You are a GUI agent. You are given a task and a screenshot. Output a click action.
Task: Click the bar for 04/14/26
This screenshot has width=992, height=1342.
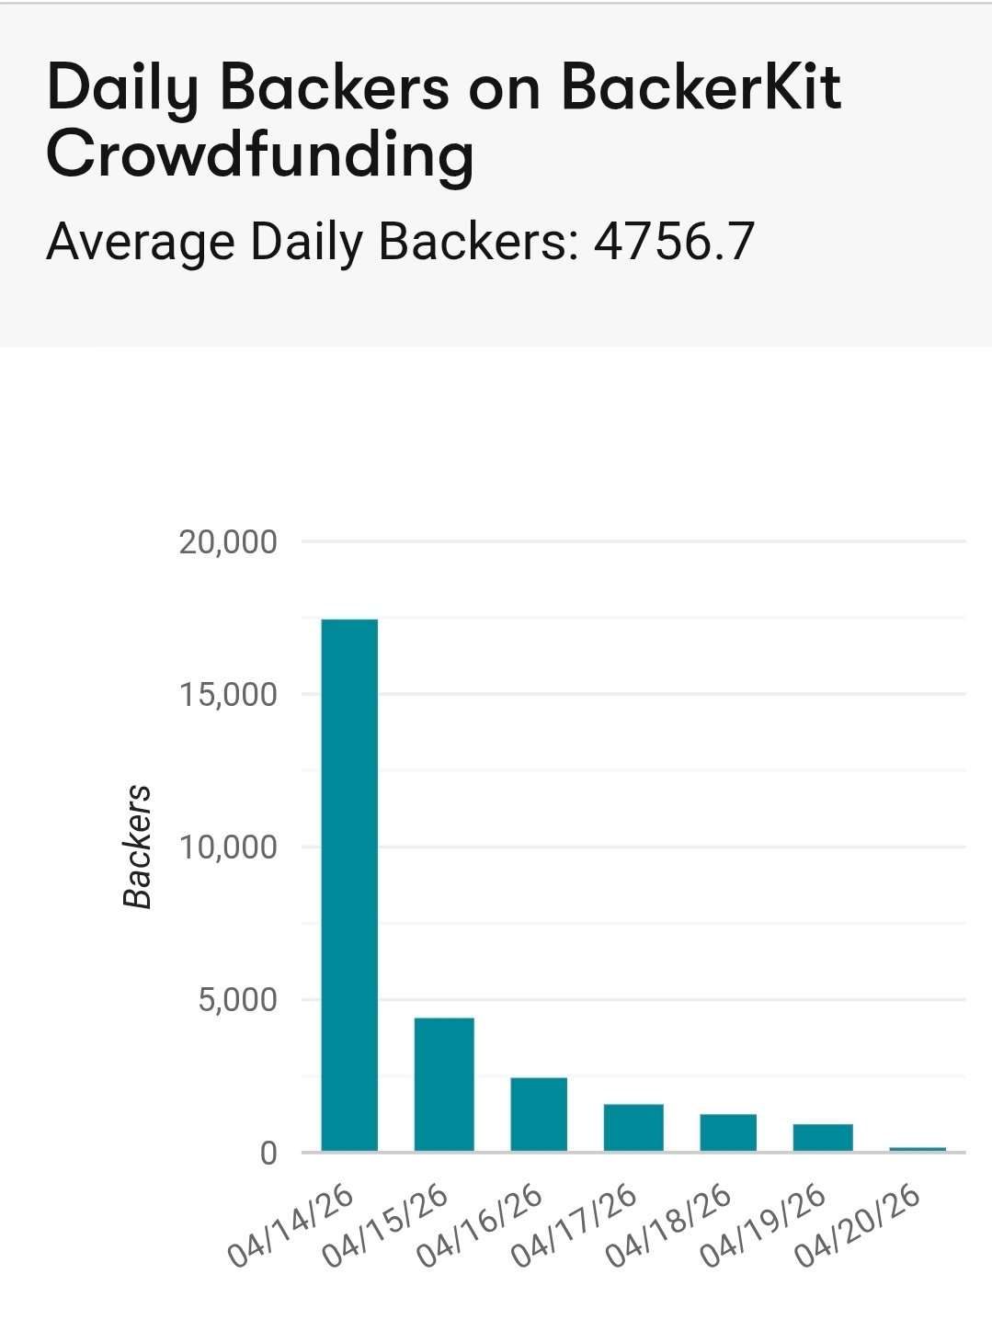[x=349, y=884]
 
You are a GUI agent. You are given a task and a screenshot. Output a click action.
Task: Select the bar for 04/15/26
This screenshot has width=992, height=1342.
[x=444, y=1084]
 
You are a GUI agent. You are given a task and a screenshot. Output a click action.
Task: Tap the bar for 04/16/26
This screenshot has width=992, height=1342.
[x=539, y=1113]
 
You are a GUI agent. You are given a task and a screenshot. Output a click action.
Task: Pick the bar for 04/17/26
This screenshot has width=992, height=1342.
[x=633, y=1127]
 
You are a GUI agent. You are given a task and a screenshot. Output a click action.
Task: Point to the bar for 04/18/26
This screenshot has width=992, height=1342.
[x=728, y=1132]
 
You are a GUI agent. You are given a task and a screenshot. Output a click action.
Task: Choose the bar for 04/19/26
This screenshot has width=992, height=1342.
[x=823, y=1137]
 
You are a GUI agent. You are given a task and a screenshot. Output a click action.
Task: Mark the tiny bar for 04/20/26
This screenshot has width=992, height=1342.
[x=918, y=1149]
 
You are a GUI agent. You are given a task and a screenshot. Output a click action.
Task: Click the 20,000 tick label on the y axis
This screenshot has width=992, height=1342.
[x=228, y=542]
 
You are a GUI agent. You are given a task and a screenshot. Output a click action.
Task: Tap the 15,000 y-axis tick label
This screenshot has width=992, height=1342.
[x=228, y=695]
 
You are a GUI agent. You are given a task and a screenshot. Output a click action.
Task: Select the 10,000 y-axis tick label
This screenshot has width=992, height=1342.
[x=228, y=847]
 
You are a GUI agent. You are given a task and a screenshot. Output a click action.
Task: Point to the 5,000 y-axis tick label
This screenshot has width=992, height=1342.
[x=237, y=1000]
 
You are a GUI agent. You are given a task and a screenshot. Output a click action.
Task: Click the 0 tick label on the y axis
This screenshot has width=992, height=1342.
[x=268, y=1153]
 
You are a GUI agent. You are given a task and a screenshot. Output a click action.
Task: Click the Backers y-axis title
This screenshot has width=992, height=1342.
[x=137, y=847]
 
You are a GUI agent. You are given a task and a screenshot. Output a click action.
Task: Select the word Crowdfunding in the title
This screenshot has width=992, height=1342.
[x=260, y=154]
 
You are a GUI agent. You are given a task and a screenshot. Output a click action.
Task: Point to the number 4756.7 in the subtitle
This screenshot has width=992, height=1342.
[x=674, y=242]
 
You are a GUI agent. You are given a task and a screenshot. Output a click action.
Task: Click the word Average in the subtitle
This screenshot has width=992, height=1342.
[x=142, y=242]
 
